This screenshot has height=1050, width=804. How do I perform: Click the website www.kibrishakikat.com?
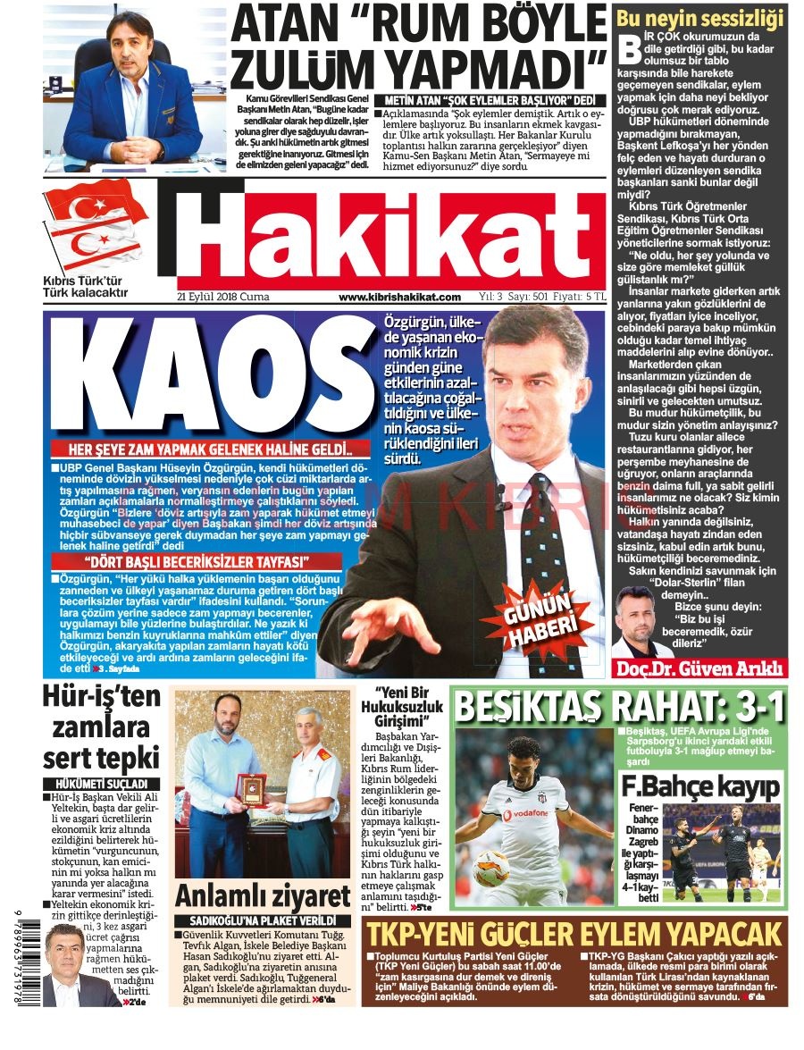point(400,297)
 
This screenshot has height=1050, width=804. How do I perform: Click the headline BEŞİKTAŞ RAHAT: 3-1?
point(619,708)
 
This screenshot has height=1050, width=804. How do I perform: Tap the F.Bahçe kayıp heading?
point(701,788)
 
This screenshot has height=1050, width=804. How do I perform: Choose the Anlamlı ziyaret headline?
point(263,895)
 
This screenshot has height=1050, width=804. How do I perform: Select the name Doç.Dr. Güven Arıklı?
point(699,668)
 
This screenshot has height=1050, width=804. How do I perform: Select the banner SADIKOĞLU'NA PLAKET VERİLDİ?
point(263,920)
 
